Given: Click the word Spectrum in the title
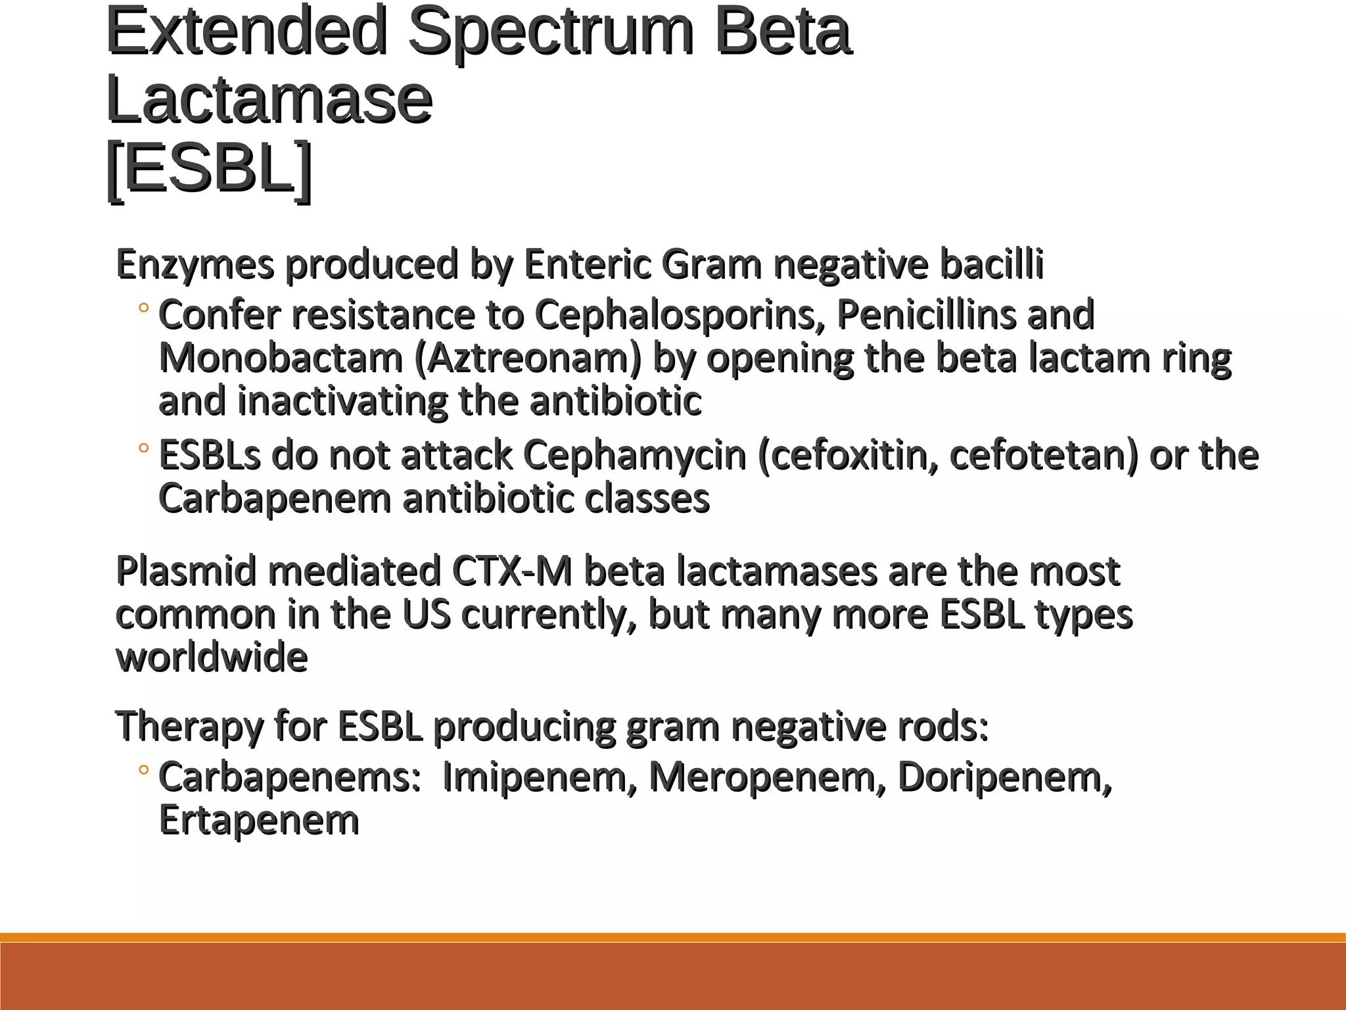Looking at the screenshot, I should click(551, 33).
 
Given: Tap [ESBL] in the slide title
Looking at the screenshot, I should click(208, 169).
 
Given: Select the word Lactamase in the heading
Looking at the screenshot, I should click(269, 101).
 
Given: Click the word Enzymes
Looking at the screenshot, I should click(195, 265).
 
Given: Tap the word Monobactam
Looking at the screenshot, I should click(281, 358).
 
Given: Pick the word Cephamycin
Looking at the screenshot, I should click(635, 455).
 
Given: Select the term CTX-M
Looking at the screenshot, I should click(512, 571).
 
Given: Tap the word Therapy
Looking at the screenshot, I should click(189, 727).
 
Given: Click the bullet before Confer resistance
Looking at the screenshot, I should click(144, 308).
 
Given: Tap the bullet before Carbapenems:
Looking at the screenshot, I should click(144, 769).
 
